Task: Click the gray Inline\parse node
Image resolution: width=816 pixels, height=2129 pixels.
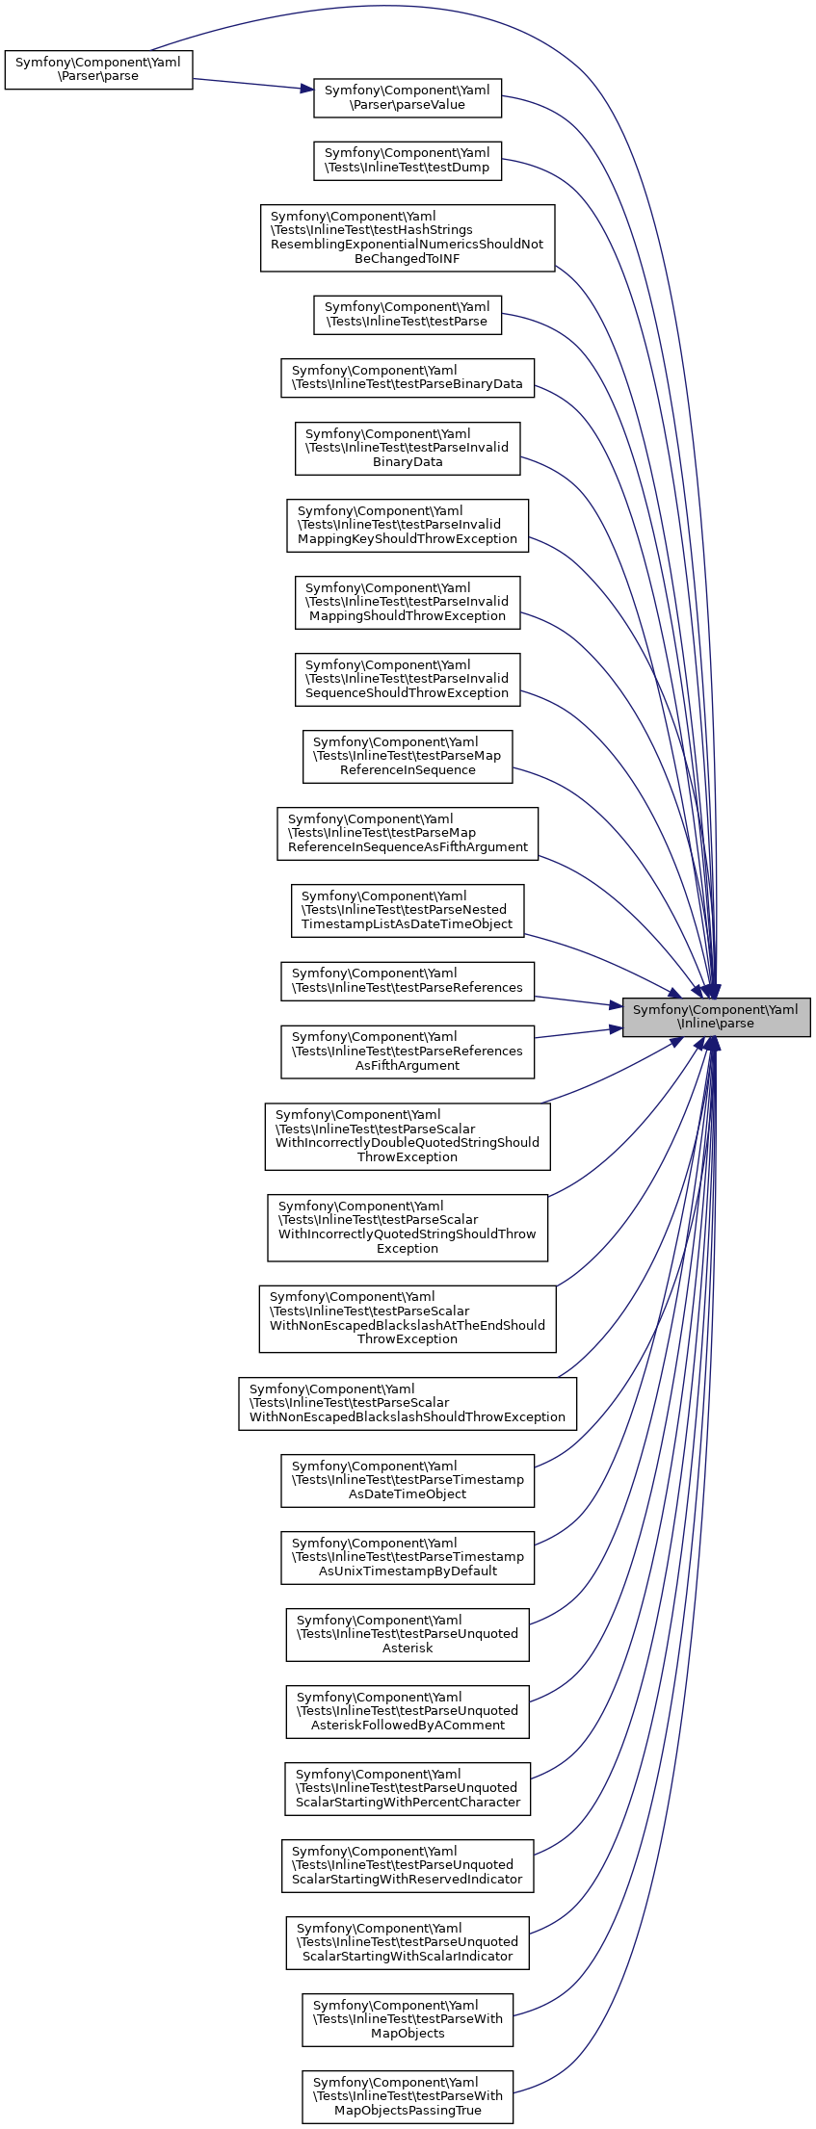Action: pos(716,1017)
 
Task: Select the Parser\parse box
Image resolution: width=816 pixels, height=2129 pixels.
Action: pos(98,69)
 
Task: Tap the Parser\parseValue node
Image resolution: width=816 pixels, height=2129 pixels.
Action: pos(408,97)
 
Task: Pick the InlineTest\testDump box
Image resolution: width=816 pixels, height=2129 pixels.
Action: pos(408,160)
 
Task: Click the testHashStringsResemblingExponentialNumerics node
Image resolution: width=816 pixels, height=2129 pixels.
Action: pos(408,238)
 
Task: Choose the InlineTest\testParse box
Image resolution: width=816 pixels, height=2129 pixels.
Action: pos(408,315)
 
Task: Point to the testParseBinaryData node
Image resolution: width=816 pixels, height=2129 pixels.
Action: pos(408,377)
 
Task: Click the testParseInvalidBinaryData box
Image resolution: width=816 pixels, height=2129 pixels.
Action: pos(408,448)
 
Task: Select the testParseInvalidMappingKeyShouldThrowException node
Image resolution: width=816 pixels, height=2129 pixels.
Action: pos(408,525)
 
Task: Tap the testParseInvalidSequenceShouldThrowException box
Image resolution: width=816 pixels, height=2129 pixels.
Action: pos(408,679)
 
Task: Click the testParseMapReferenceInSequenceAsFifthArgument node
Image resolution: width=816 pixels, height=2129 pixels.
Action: pos(408,833)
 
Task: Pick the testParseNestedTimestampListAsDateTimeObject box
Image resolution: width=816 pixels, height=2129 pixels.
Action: pos(408,910)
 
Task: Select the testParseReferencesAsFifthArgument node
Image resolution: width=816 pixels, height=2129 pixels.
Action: pos(408,1051)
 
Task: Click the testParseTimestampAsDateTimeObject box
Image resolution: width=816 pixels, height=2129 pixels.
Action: pos(408,1480)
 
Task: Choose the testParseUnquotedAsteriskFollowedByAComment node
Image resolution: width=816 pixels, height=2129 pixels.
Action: pos(408,1711)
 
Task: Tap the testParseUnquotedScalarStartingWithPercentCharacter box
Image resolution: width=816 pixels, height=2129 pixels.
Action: pos(408,1788)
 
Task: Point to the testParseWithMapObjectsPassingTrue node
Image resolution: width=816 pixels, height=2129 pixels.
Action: pos(408,2096)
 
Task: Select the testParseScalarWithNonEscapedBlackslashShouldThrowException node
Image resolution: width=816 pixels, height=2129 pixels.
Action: pos(408,1403)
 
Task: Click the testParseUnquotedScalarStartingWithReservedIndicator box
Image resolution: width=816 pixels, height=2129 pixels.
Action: pos(408,1865)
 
